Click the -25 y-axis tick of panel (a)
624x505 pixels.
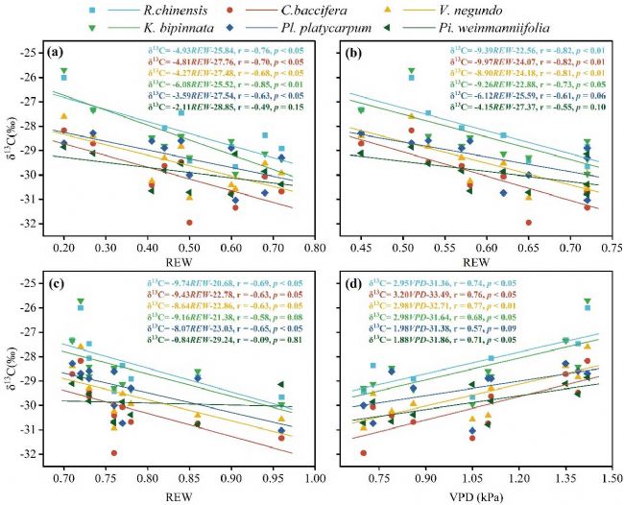38,52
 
